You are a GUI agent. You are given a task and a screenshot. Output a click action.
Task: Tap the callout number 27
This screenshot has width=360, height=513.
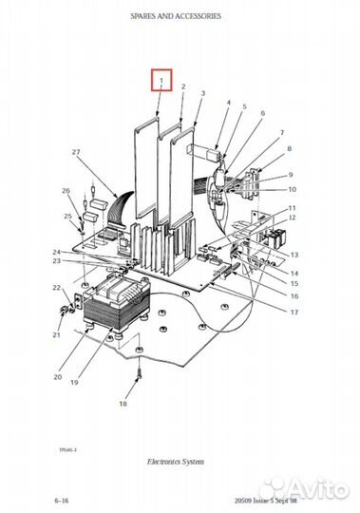click(76, 152)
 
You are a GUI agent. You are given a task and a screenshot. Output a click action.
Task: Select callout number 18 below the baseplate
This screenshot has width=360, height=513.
click(122, 404)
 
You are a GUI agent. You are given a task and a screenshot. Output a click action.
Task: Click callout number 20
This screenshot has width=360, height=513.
click(58, 377)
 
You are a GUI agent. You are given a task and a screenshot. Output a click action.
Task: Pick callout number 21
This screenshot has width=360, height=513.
click(56, 335)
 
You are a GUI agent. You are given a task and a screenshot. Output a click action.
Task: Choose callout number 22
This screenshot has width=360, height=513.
click(56, 287)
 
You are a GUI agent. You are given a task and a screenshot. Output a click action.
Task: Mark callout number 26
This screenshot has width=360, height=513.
click(66, 191)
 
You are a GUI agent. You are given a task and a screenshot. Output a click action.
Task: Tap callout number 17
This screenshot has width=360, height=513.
click(294, 313)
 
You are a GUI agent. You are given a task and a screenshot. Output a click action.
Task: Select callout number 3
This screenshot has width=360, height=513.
click(202, 93)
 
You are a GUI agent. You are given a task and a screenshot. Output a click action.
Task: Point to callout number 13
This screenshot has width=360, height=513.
click(294, 256)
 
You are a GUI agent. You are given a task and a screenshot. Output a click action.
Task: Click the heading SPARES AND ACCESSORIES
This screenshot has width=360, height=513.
click(180, 16)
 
